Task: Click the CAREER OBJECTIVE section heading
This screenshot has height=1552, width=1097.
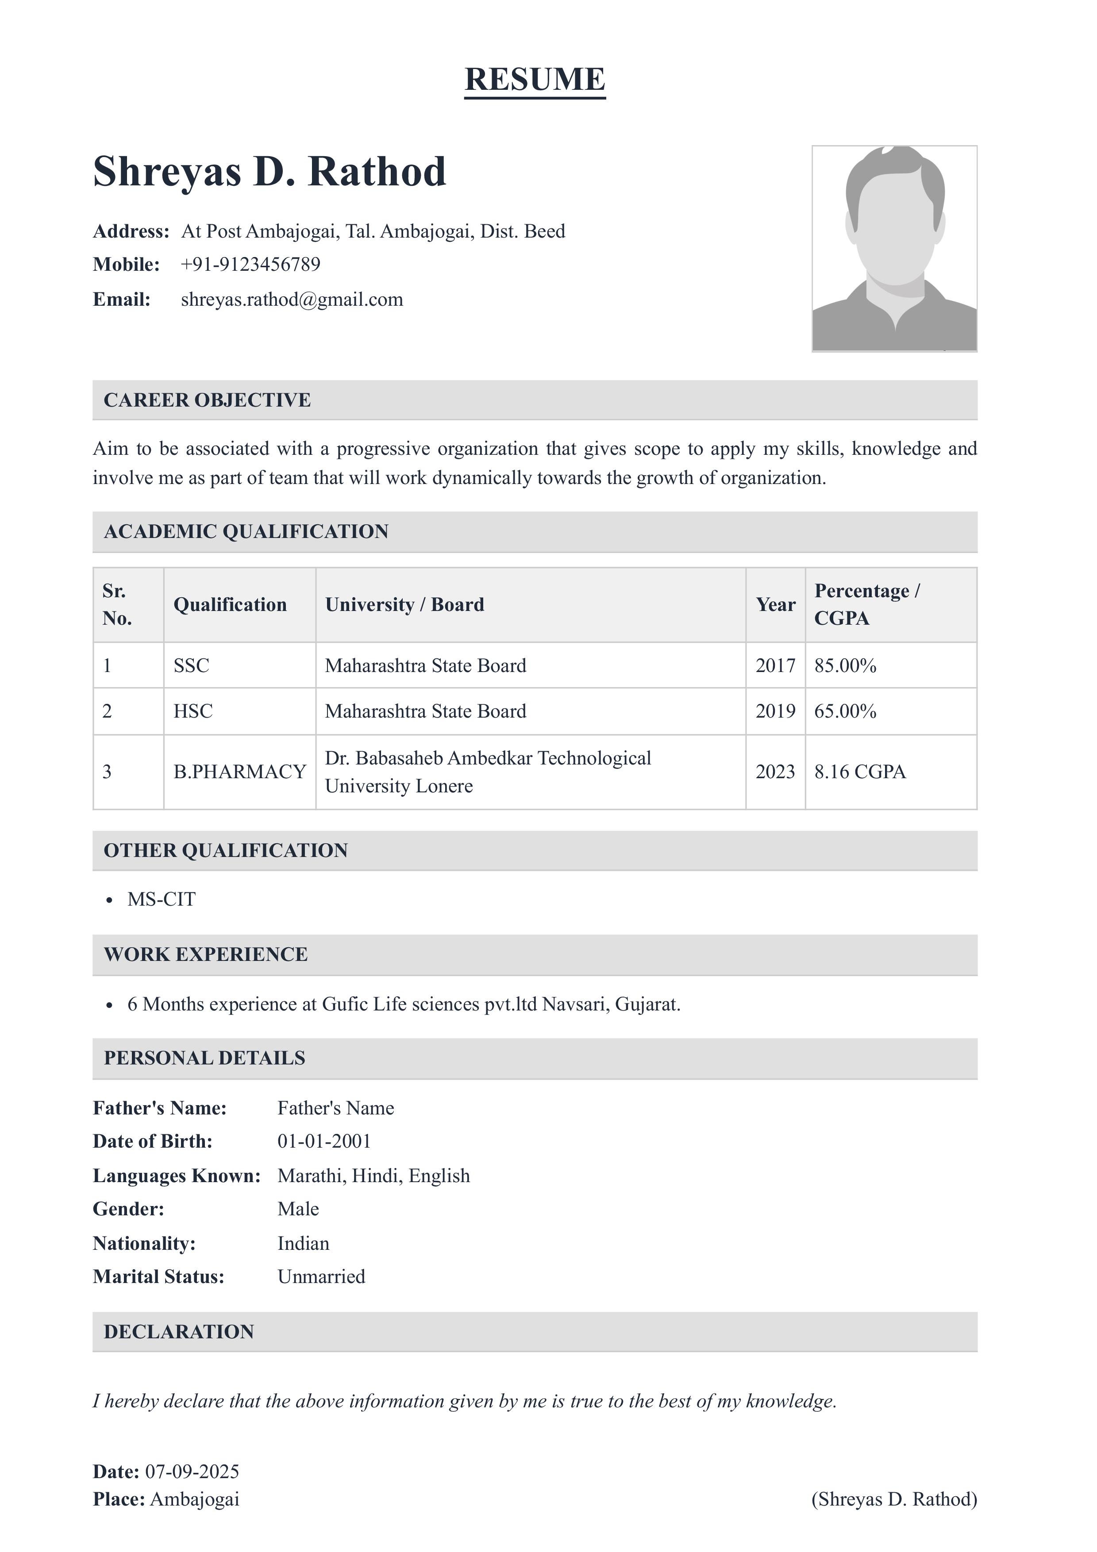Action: pos(207,400)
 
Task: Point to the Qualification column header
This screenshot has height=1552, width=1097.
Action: pos(230,604)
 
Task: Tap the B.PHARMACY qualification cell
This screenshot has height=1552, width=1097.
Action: pos(239,772)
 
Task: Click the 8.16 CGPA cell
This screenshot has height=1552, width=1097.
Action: pos(860,772)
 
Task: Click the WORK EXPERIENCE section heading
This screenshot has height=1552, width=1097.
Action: pos(205,954)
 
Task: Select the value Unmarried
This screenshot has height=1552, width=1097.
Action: pos(321,1276)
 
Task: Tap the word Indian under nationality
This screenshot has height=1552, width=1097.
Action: pos(303,1243)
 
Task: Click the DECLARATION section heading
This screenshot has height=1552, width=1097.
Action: pos(178,1332)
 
